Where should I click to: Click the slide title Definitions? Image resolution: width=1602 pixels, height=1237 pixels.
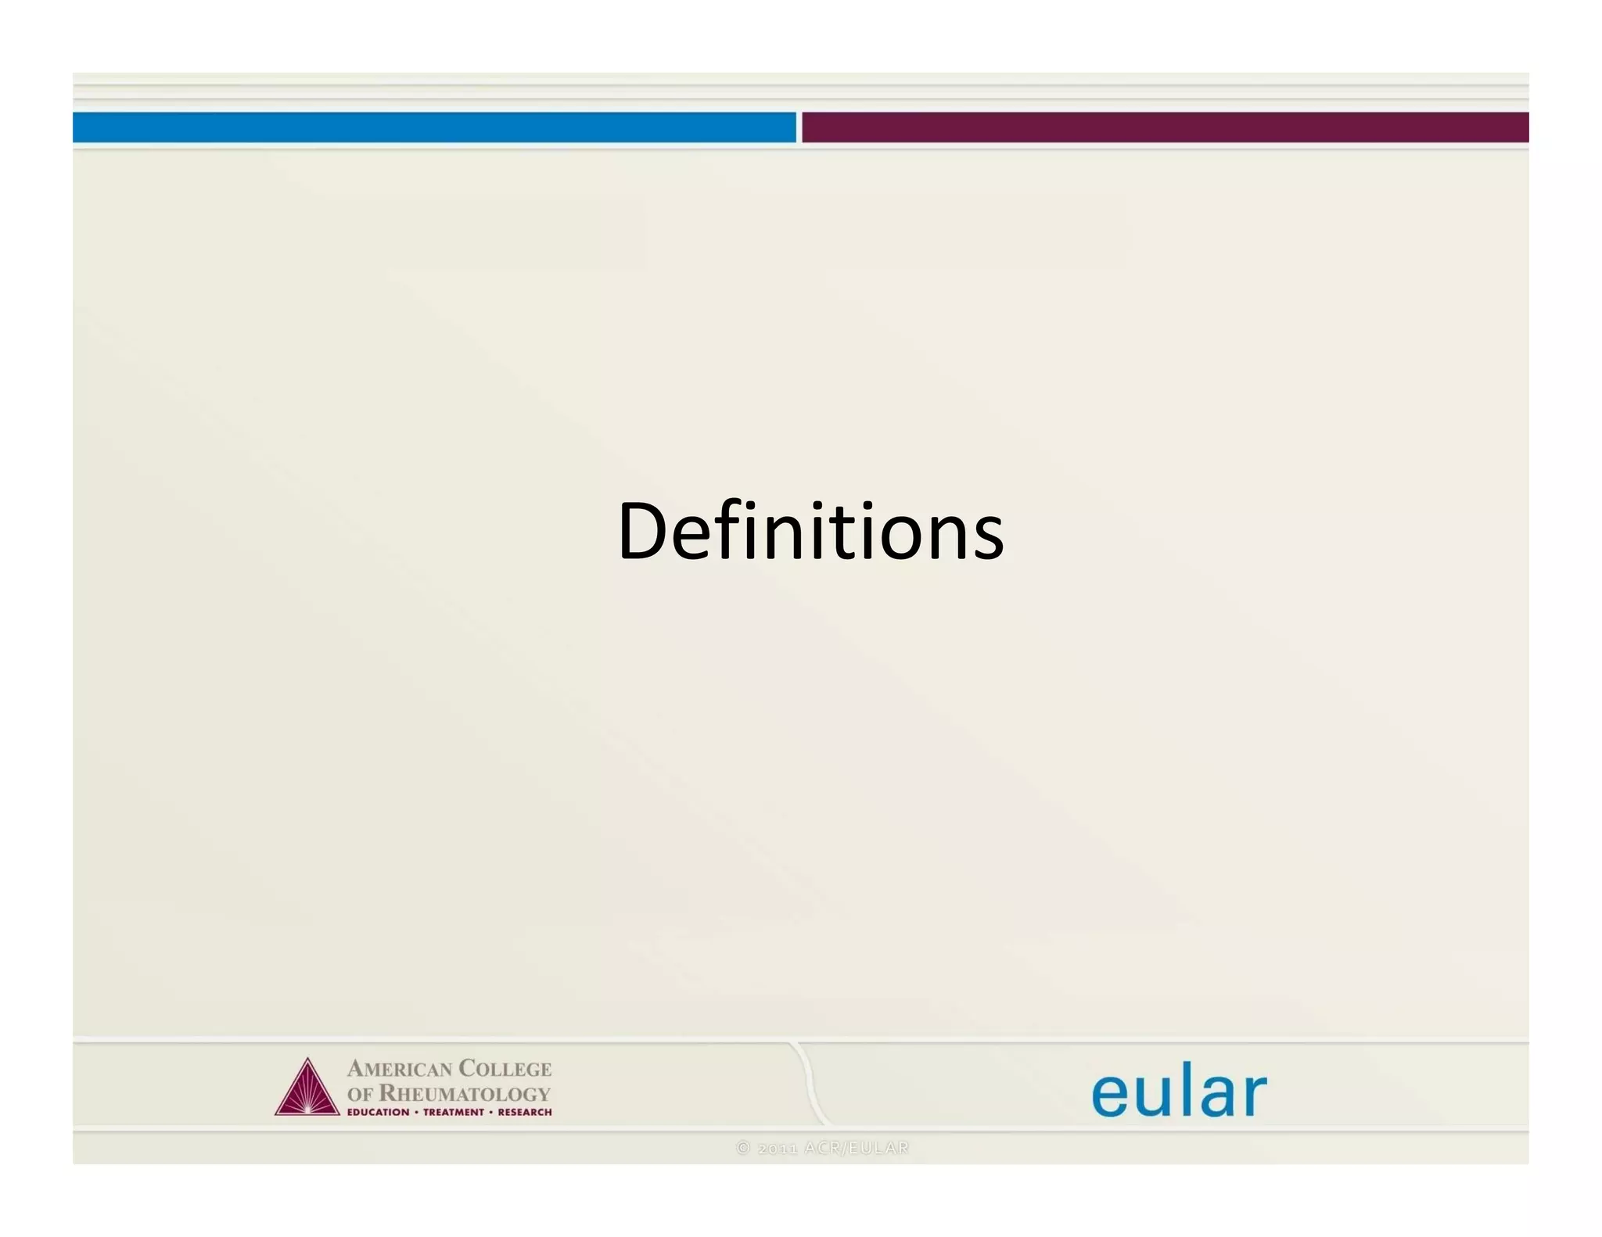coord(810,532)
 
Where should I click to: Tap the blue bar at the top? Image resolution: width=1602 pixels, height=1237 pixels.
coord(434,127)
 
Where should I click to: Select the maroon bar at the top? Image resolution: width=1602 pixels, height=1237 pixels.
coord(1165,127)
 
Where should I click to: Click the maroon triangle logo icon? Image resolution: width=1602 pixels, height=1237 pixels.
coord(307,1088)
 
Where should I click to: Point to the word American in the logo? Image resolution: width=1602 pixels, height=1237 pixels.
coord(400,1068)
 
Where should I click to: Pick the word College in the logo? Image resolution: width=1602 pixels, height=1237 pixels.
coord(505,1068)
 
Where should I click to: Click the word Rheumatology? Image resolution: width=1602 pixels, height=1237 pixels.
coord(465,1093)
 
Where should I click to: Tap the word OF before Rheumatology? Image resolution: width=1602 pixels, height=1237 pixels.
coord(360,1094)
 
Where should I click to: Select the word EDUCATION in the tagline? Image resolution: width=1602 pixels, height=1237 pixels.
coord(378,1112)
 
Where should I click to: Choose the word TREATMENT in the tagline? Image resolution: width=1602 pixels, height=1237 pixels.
coord(454,1112)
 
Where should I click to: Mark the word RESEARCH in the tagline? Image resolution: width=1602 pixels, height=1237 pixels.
coord(525,1112)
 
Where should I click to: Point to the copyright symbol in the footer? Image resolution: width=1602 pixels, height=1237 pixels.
coord(743,1148)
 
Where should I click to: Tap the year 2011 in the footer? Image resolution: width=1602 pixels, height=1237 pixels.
coord(778,1148)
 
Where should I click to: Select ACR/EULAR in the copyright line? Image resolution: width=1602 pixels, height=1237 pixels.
coord(857,1148)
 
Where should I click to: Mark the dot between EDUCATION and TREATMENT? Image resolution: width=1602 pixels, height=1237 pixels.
coord(416,1112)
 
